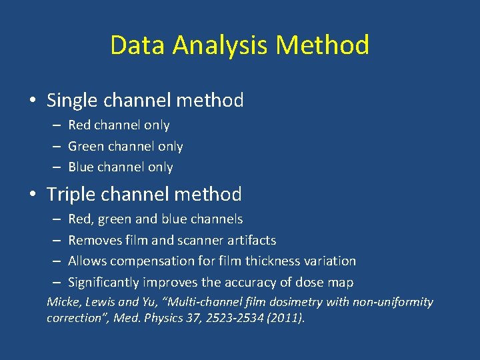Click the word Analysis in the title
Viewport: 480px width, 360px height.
(219, 45)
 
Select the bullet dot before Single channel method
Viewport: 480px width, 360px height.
(33, 101)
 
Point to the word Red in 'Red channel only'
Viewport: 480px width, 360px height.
(79, 125)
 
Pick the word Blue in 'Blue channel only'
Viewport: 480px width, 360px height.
(81, 167)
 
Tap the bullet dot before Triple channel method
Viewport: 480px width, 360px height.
(33, 195)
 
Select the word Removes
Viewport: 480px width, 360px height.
(93, 240)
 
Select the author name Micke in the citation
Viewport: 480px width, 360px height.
(62, 302)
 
